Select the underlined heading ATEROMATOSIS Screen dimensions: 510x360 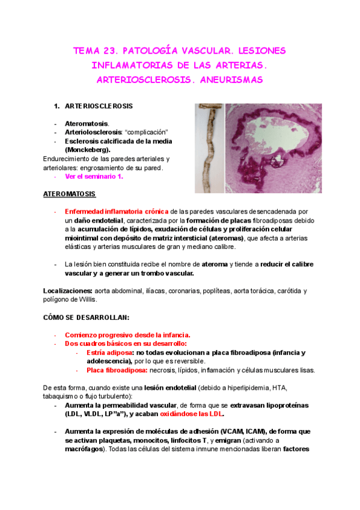[x=70, y=194]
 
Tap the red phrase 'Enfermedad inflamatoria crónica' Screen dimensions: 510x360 [x=117, y=212]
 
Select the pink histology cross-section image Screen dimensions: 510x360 [x=273, y=148]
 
